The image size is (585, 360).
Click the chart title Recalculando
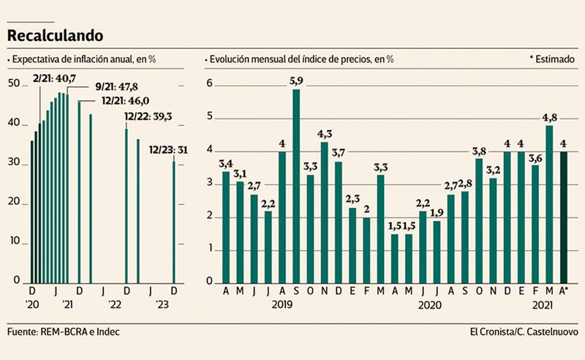(x=55, y=34)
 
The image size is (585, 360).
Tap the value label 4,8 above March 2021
(x=548, y=116)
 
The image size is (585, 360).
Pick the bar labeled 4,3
(x=325, y=212)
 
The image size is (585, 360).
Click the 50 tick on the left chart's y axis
(x=14, y=84)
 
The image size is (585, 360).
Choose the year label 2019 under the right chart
(x=283, y=304)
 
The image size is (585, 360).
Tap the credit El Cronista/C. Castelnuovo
(x=524, y=331)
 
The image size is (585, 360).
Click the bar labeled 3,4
(x=226, y=227)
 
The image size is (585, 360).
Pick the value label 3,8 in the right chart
(x=479, y=151)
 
